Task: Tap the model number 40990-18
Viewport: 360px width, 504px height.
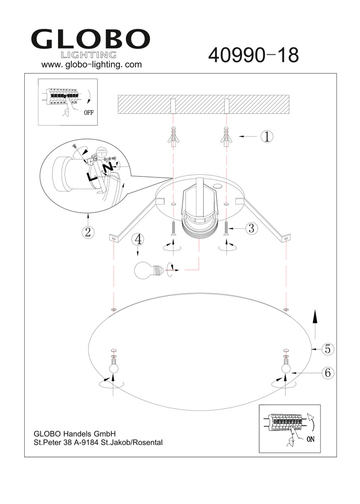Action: coord(253,55)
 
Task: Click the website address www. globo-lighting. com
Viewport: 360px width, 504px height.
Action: coord(91,65)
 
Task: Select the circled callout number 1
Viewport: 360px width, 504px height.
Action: coord(267,136)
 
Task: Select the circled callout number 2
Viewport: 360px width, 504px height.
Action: coord(88,232)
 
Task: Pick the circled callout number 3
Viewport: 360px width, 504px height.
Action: coord(252,228)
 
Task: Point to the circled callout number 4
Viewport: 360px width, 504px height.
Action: coord(139,239)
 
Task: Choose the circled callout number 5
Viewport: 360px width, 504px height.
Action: coord(327,348)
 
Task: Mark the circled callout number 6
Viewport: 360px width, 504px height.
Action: coord(327,373)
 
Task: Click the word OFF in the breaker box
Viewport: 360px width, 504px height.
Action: coord(89,112)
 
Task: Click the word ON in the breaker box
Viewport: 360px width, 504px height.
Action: coord(311,439)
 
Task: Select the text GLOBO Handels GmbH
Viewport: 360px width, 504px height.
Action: coord(75,433)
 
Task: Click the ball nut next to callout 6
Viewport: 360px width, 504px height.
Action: coord(286,369)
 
